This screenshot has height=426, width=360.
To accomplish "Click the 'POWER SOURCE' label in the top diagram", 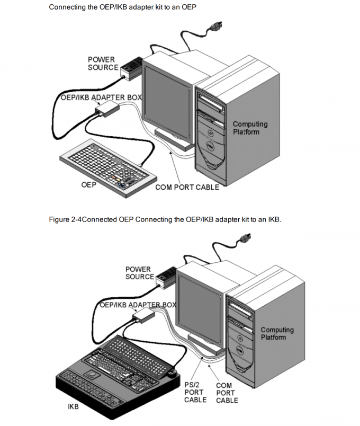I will (x=103, y=64).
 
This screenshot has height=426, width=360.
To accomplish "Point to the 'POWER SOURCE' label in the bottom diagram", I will (x=139, y=273).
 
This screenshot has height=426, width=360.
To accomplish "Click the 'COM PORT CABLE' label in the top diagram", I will (x=187, y=188).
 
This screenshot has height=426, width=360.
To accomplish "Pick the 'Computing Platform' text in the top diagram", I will (x=250, y=128).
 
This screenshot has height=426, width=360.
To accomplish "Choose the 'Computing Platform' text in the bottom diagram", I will (x=277, y=334).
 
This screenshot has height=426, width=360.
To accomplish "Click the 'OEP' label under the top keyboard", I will (x=88, y=185).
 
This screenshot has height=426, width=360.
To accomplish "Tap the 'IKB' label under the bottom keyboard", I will (x=72, y=407).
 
